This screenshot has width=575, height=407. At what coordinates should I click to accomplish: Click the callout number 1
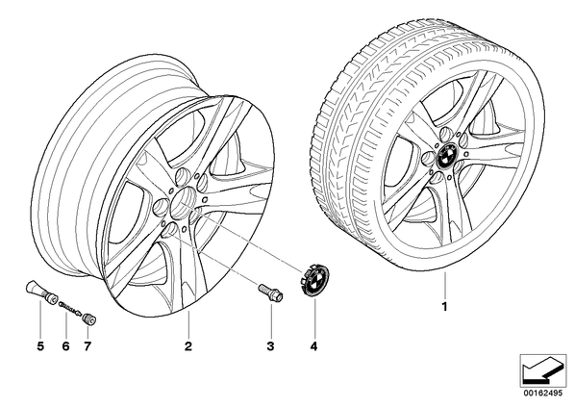[445, 307]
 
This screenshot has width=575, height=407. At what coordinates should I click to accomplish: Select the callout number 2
[188, 346]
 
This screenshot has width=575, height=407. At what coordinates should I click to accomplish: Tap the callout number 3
[270, 346]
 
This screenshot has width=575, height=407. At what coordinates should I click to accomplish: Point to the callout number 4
[313, 346]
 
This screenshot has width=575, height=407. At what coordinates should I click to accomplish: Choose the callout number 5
[40, 346]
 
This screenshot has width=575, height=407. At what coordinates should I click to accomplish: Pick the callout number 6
[65, 346]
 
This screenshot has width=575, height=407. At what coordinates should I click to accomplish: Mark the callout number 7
[87, 346]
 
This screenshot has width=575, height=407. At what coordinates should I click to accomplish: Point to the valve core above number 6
[70, 308]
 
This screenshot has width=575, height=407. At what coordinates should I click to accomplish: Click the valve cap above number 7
[89, 318]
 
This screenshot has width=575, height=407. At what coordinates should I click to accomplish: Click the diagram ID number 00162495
[542, 394]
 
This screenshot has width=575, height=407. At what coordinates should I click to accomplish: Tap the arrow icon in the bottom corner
[543, 370]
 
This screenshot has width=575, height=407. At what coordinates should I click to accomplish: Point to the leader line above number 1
[445, 285]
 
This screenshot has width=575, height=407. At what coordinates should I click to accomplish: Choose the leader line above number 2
[188, 324]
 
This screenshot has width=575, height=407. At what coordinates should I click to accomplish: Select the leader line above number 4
[314, 318]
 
